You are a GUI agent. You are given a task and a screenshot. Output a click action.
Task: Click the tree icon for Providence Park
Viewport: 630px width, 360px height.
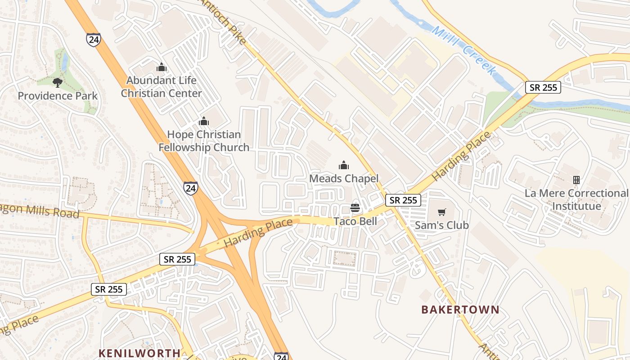(x=57, y=82)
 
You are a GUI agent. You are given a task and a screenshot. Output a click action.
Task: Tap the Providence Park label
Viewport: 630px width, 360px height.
(x=58, y=96)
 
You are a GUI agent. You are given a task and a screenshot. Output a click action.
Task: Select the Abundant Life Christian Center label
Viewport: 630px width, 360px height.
(x=162, y=87)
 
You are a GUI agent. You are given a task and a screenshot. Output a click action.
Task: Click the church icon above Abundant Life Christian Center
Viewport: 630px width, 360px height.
(x=162, y=67)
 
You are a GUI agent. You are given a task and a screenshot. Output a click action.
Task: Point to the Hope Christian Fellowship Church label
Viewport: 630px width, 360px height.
(x=204, y=141)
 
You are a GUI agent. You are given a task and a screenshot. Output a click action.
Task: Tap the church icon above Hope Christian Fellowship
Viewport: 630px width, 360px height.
(x=204, y=121)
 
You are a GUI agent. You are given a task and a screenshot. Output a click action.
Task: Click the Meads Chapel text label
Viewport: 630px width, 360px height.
(x=344, y=179)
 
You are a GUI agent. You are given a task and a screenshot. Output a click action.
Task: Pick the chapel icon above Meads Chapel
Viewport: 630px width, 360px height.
(x=344, y=165)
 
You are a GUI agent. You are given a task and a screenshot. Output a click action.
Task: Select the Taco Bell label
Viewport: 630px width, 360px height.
(x=355, y=221)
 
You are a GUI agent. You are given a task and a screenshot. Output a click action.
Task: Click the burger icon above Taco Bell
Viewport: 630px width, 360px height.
(x=355, y=208)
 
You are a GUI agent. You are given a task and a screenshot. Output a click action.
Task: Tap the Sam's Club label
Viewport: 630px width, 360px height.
(x=441, y=225)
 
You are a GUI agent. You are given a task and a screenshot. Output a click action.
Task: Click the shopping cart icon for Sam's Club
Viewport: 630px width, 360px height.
(x=441, y=212)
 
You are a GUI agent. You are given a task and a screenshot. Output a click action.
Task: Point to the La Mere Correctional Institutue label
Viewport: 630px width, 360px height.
(x=576, y=200)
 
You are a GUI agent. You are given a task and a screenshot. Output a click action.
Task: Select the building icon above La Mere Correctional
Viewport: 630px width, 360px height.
(x=576, y=180)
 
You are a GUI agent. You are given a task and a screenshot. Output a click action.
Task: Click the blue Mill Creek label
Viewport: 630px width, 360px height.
(x=463, y=50)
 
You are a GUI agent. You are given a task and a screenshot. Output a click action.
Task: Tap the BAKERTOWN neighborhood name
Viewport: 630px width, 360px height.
(x=460, y=310)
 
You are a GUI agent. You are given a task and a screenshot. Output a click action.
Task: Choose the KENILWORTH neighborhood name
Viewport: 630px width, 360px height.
(x=139, y=353)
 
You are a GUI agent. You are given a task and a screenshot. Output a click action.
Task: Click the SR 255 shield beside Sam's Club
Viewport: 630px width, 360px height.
(x=403, y=200)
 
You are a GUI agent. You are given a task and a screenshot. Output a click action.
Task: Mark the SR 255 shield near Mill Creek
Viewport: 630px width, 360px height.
(x=544, y=87)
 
